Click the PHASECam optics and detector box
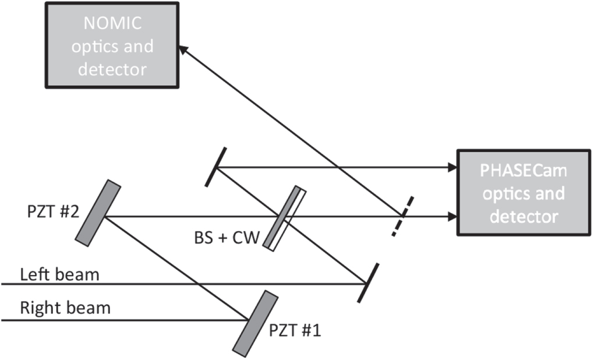(524, 193)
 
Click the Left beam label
(59, 273)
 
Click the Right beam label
(65, 307)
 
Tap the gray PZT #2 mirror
(98, 213)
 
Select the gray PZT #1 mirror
(254, 322)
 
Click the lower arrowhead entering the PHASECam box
(451, 217)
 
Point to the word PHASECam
(524, 172)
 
